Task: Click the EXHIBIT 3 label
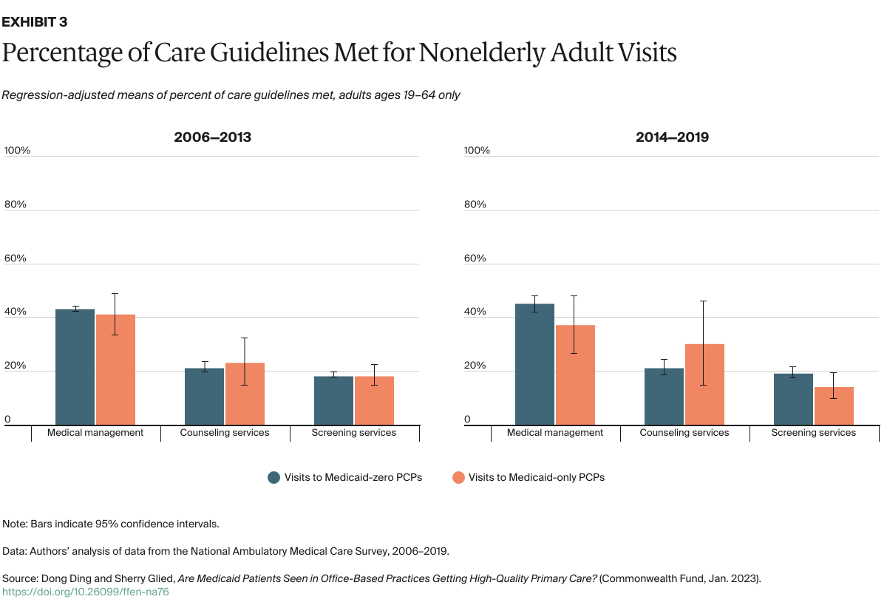pyautogui.click(x=35, y=21)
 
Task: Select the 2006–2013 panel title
pyautogui.click(x=212, y=137)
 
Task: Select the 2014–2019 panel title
pyautogui.click(x=672, y=137)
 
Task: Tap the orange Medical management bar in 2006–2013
pyautogui.click(x=115, y=370)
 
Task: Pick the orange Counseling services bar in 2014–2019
pyautogui.click(x=704, y=385)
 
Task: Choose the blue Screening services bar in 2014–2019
pyautogui.click(x=793, y=400)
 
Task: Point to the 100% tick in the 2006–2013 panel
pyautogui.click(x=17, y=150)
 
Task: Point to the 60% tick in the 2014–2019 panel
pyautogui.click(x=475, y=259)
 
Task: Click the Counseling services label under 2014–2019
pyautogui.click(x=684, y=433)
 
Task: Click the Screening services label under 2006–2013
pyautogui.click(x=354, y=433)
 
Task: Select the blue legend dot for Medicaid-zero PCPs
pyautogui.click(x=273, y=477)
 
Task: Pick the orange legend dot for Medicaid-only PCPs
pyautogui.click(x=458, y=477)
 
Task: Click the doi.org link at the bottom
pyautogui.click(x=86, y=592)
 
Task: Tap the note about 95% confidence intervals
pyautogui.click(x=111, y=524)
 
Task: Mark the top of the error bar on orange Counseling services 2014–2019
pyautogui.click(x=704, y=301)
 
